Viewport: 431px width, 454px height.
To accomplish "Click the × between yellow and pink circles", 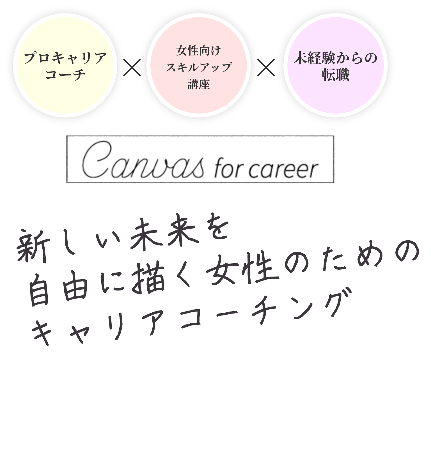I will tap(132, 67).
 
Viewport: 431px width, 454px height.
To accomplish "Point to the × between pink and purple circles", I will tap(266, 67).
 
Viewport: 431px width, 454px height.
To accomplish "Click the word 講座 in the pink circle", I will tap(199, 84).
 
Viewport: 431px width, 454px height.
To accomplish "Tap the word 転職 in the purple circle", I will tap(336, 75).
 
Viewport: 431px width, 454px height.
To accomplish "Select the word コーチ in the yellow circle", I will tap(65, 75).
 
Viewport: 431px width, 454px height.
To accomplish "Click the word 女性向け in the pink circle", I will tap(199, 51).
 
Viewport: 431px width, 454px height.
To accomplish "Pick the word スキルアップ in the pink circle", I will tap(199, 67).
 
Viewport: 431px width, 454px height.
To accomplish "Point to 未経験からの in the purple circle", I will tap(335, 58).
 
